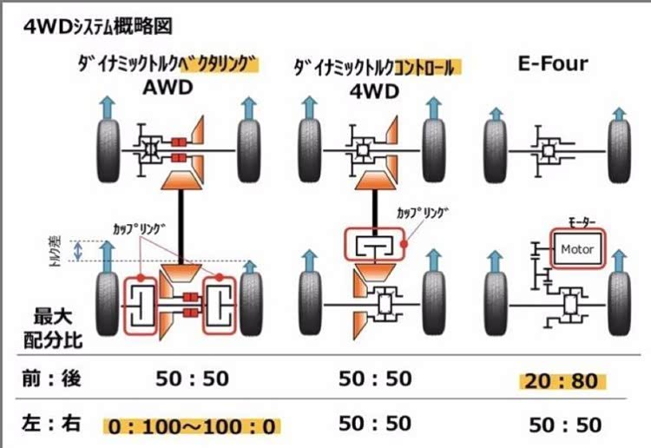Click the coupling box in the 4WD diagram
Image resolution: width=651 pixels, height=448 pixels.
click(x=376, y=247)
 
